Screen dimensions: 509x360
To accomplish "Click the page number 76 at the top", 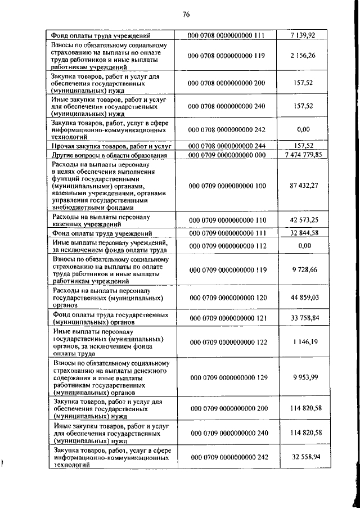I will (186, 15).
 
